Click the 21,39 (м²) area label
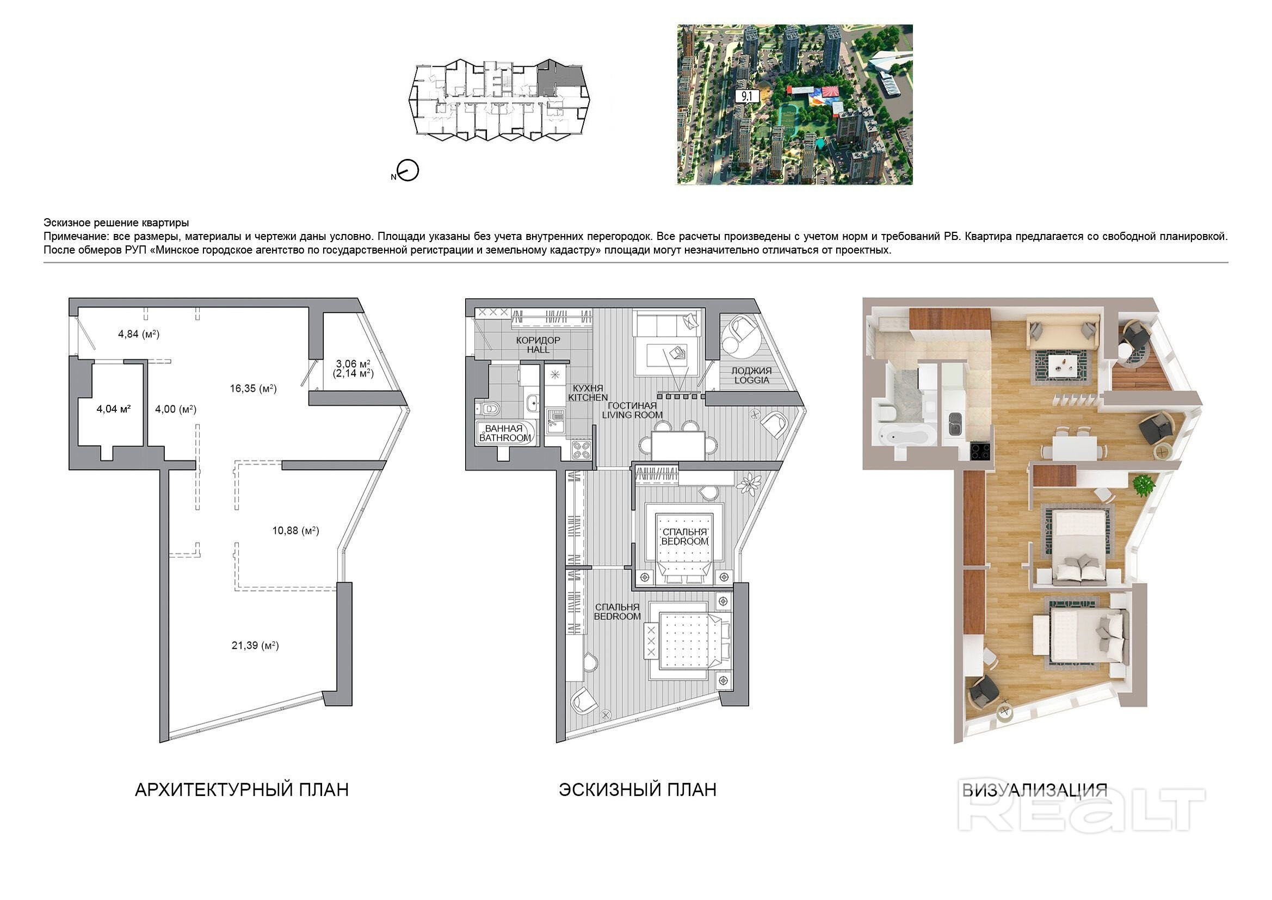[x=255, y=645]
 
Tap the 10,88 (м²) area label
[x=295, y=531]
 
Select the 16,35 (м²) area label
[x=253, y=389]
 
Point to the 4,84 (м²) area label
[x=139, y=334]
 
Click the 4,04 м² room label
[x=114, y=409]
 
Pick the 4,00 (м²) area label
[x=176, y=409]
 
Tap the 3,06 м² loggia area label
[x=354, y=364]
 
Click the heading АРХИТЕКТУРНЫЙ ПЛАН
[x=242, y=790]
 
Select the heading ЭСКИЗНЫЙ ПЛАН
[x=637, y=790]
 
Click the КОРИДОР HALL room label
[x=538, y=344]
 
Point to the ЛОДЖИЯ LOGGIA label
[x=751, y=375]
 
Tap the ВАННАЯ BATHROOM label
[x=505, y=433]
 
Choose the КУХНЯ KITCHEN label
[x=588, y=392]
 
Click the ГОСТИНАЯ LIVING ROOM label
[x=632, y=410]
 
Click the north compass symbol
[x=408, y=171]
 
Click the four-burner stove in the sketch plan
[x=581, y=450]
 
